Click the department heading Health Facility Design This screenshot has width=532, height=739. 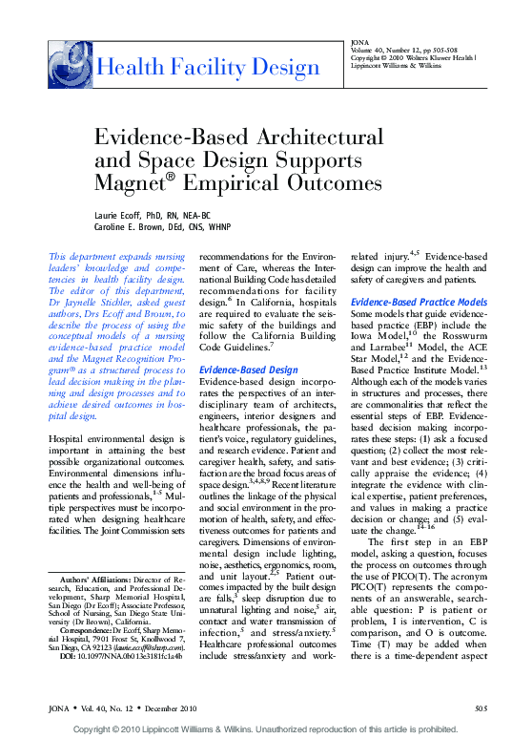[209, 67]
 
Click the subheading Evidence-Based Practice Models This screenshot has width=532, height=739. [419, 302]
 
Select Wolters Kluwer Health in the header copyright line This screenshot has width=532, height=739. [437, 59]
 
